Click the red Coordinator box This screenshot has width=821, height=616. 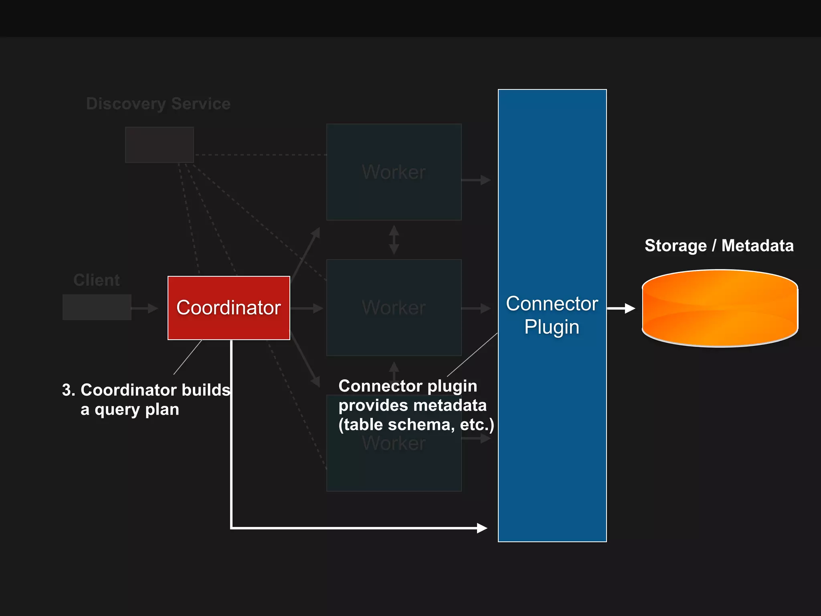(229, 308)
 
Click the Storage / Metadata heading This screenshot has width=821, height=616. (719, 245)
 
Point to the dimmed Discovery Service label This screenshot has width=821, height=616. (158, 104)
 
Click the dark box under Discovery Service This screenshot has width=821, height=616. (160, 145)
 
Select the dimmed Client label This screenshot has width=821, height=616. (97, 280)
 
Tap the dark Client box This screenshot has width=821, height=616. (97, 307)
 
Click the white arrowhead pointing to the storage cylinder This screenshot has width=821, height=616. (630, 308)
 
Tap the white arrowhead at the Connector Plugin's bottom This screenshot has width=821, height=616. (482, 528)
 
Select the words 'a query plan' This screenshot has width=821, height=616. (129, 409)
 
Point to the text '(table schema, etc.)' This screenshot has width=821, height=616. (416, 425)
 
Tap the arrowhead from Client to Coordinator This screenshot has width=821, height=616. (153, 308)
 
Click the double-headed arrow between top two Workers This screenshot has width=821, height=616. (394, 240)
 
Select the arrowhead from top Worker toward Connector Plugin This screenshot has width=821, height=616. (485, 180)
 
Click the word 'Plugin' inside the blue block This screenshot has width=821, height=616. (552, 327)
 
